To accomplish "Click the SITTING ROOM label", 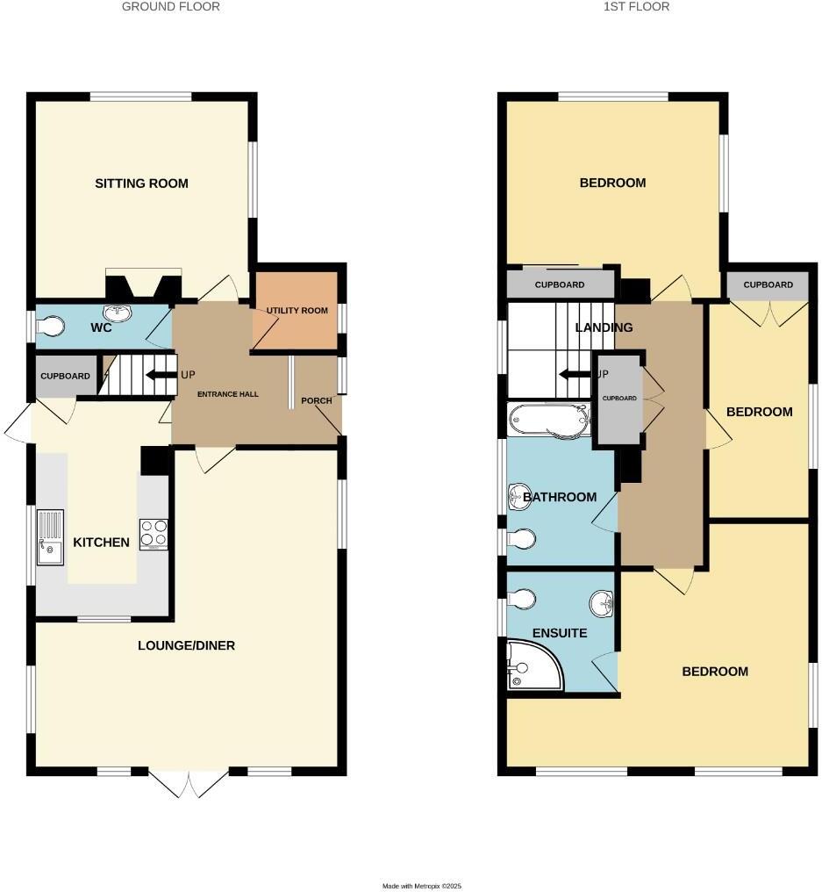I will [x=142, y=183].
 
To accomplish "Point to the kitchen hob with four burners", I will [x=154, y=533].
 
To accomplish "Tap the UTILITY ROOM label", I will [x=297, y=311].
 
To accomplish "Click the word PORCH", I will [x=317, y=401].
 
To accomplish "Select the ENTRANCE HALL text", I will [x=227, y=394].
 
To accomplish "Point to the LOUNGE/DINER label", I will [x=186, y=646].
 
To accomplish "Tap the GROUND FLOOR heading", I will [x=171, y=7].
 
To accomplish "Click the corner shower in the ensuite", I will [x=532, y=665].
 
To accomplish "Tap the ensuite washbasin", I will [x=601, y=603].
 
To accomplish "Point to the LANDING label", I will [x=604, y=327].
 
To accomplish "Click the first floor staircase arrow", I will [x=575, y=374].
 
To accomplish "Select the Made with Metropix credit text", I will [x=422, y=886].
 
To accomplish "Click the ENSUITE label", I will [x=560, y=633].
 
